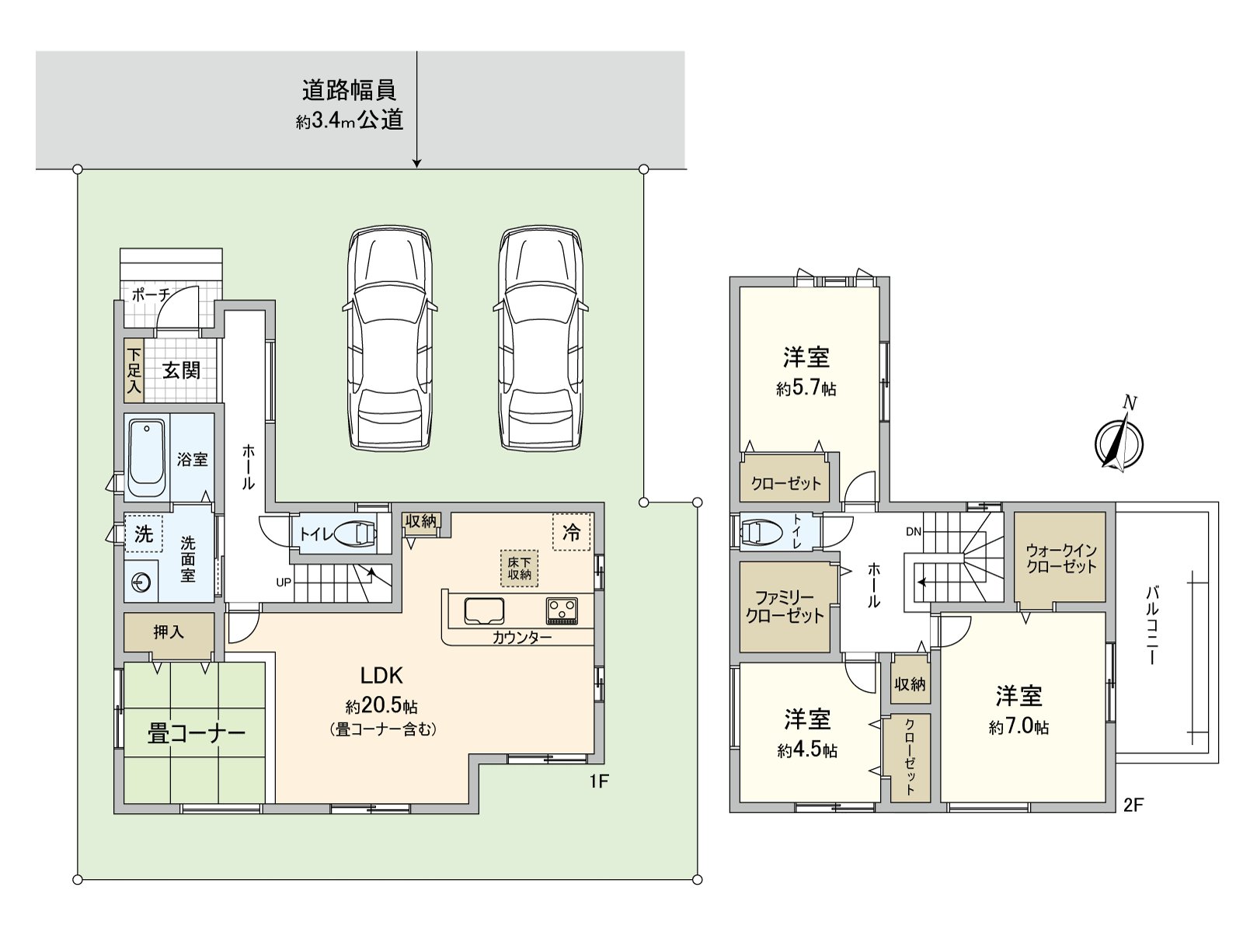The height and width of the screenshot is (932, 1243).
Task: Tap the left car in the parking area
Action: pos(389,339)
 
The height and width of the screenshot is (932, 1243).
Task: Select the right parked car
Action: pos(540,339)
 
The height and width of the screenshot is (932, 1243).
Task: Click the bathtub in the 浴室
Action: pos(146,458)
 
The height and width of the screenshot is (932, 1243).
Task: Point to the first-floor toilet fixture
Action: pos(358,533)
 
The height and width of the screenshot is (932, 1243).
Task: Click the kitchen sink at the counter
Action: pos(484,610)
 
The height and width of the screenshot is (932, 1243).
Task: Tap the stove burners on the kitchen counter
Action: pos(562,610)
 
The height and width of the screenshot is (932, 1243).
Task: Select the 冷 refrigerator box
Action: pos(571,532)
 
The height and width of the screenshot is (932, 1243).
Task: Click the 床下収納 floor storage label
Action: pos(519,569)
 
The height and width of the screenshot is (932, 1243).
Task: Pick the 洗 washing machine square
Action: pos(144,534)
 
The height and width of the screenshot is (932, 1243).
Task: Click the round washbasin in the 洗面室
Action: pos(141,582)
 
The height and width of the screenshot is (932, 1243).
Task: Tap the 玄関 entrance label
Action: pos(181,370)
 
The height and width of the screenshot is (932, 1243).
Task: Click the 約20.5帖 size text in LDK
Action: pos(381,706)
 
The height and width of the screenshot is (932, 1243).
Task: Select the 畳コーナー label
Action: pos(196,733)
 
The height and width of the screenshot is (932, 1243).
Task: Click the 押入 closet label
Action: pos(169,632)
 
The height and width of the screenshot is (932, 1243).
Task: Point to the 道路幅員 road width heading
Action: pos(349,90)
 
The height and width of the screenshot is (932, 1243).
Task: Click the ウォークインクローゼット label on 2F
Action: pos(1060,558)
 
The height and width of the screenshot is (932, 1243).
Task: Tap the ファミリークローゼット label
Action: pos(785,607)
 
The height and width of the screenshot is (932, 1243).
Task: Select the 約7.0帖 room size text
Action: pos(1018,727)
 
